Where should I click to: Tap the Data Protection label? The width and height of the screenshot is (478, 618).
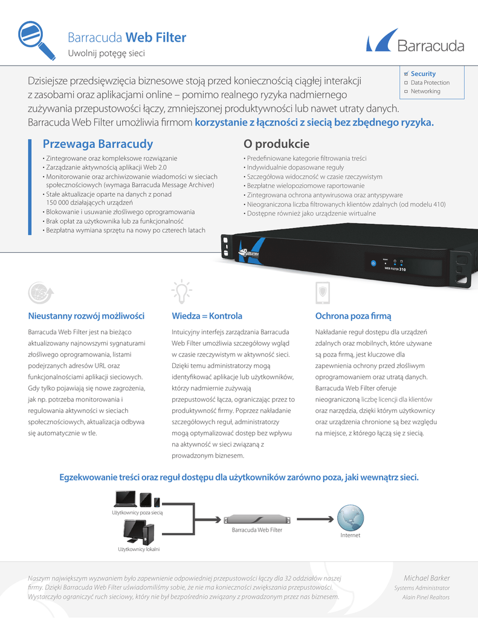click(x=430, y=83)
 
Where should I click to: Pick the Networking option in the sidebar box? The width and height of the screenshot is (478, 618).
click(x=425, y=92)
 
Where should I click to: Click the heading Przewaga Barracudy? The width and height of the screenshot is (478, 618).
click(x=98, y=144)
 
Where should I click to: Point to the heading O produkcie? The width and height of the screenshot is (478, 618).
click(x=276, y=144)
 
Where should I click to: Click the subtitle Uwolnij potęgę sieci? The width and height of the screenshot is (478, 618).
click(x=106, y=54)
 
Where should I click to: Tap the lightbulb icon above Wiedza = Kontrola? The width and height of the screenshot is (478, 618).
click(x=181, y=291)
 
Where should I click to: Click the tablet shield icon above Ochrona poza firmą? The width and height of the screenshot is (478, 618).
click(x=323, y=292)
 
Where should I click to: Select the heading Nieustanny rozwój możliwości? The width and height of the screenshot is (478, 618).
click(x=86, y=316)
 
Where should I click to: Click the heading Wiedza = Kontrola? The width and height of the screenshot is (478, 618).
click(x=207, y=316)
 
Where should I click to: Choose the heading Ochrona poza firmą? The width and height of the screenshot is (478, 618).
click(x=354, y=316)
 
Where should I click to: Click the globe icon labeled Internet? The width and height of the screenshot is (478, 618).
click(x=350, y=517)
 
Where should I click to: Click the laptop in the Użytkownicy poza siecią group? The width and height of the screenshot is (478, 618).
click(x=125, y=499)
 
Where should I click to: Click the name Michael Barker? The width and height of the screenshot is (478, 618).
click(x=427, y=578)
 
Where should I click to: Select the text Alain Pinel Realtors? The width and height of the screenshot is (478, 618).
click(x=426, y=597)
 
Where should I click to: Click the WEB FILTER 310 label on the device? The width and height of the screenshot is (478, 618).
click(x=395, y=269)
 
